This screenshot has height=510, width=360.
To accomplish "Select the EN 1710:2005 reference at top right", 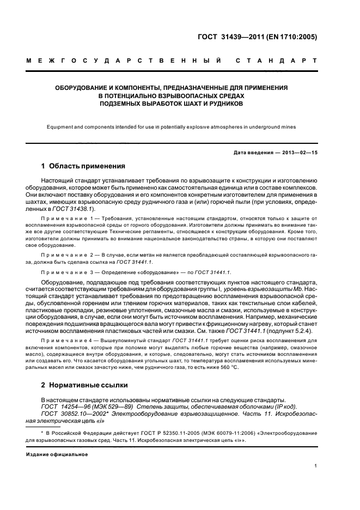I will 294,38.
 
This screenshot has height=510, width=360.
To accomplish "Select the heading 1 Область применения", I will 83,166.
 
